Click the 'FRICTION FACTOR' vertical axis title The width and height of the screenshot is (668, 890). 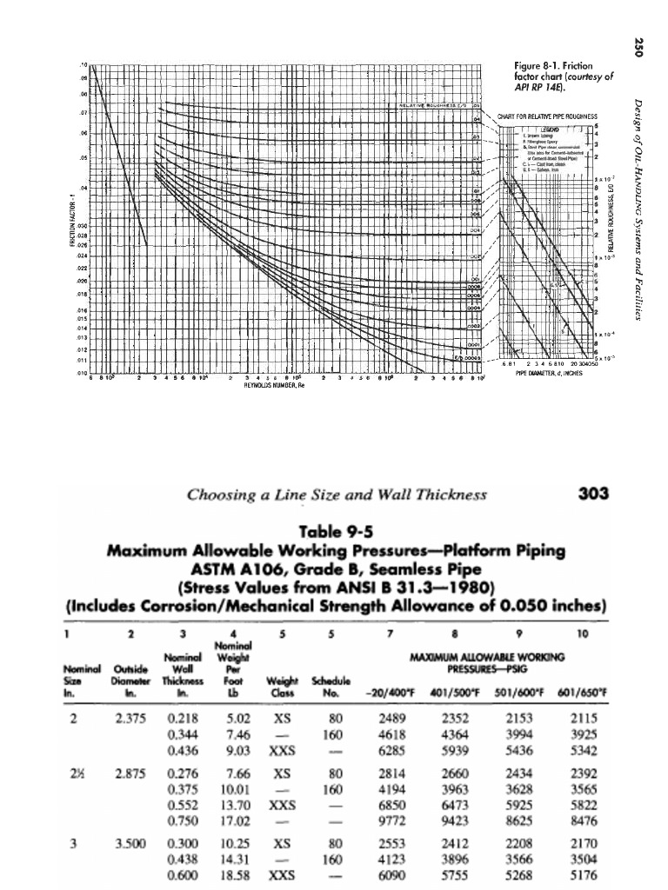[76, 222]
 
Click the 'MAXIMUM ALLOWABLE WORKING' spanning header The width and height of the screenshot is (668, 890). [494, 658]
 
